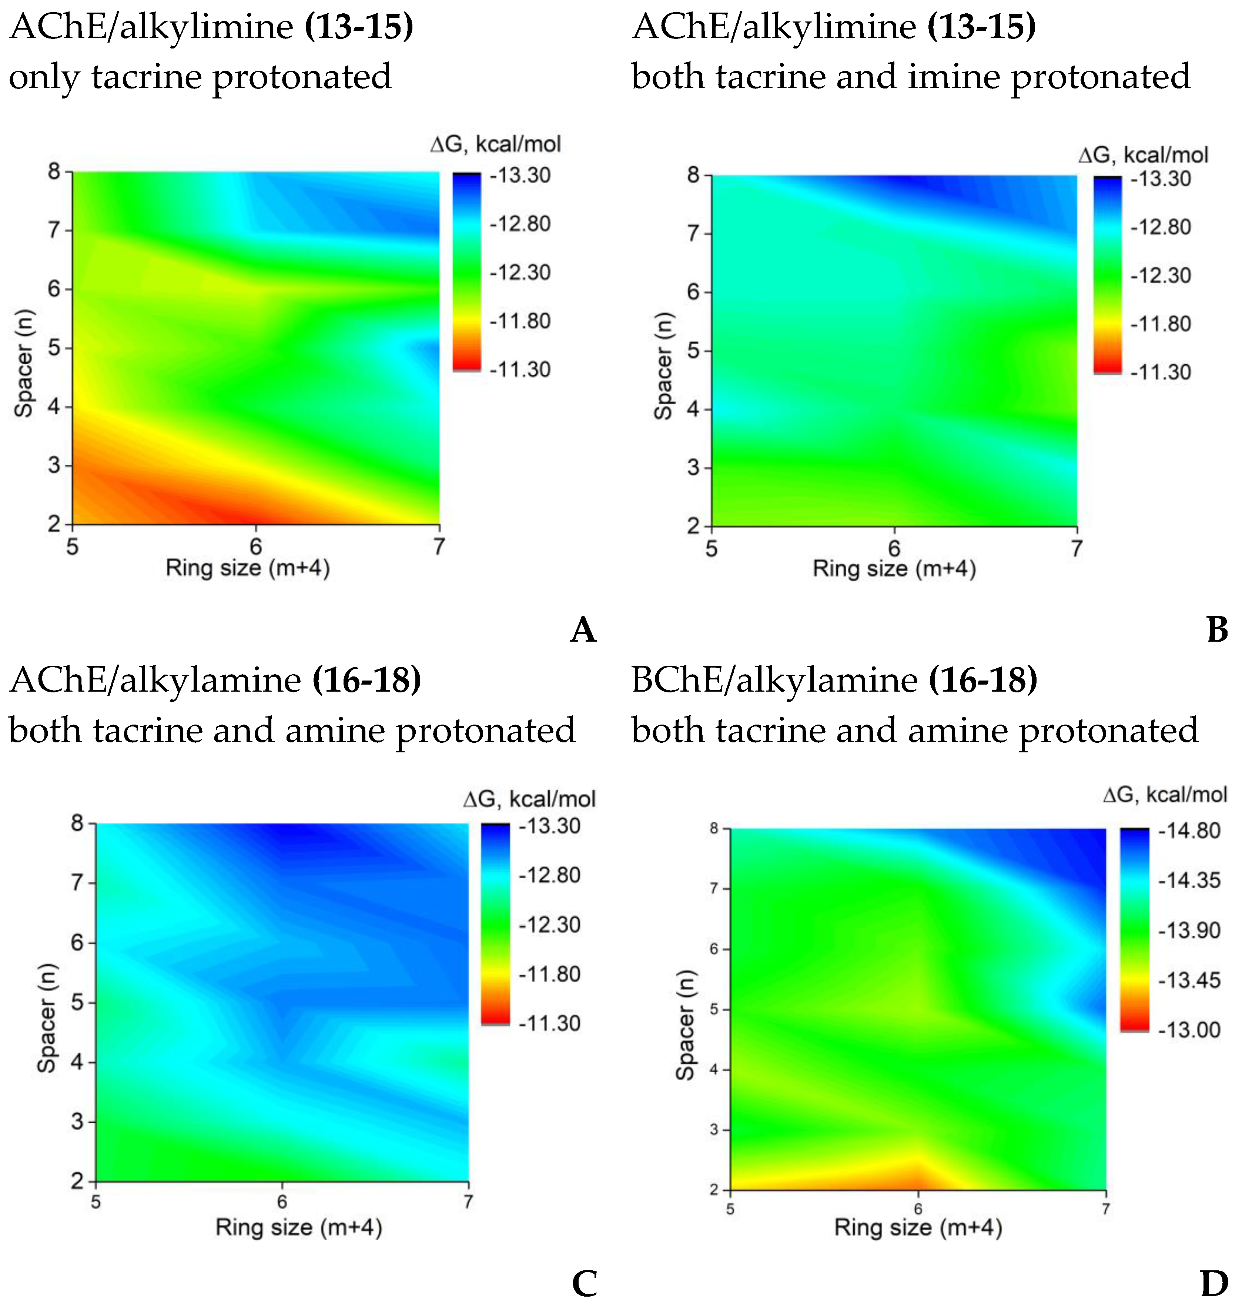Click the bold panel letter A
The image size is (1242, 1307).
[x=583, y=630]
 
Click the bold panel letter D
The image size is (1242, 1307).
[x=1214, y=1284]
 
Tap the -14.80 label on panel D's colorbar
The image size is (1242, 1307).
[x=1189, y=830]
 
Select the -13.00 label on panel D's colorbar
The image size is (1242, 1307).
[x=1189, y=1030]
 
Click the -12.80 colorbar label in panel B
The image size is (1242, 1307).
[x=1161, y=227]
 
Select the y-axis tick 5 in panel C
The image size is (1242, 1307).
[x=77, y=1002]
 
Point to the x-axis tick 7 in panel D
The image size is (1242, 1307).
[x=1105, y=1209]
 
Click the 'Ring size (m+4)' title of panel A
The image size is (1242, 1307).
[x=248, y=568]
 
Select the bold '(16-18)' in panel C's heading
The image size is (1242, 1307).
[x=367, y=680]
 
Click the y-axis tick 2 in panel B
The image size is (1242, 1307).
[x=693, y=527]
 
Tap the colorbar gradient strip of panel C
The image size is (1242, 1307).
[x=495, y=924]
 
